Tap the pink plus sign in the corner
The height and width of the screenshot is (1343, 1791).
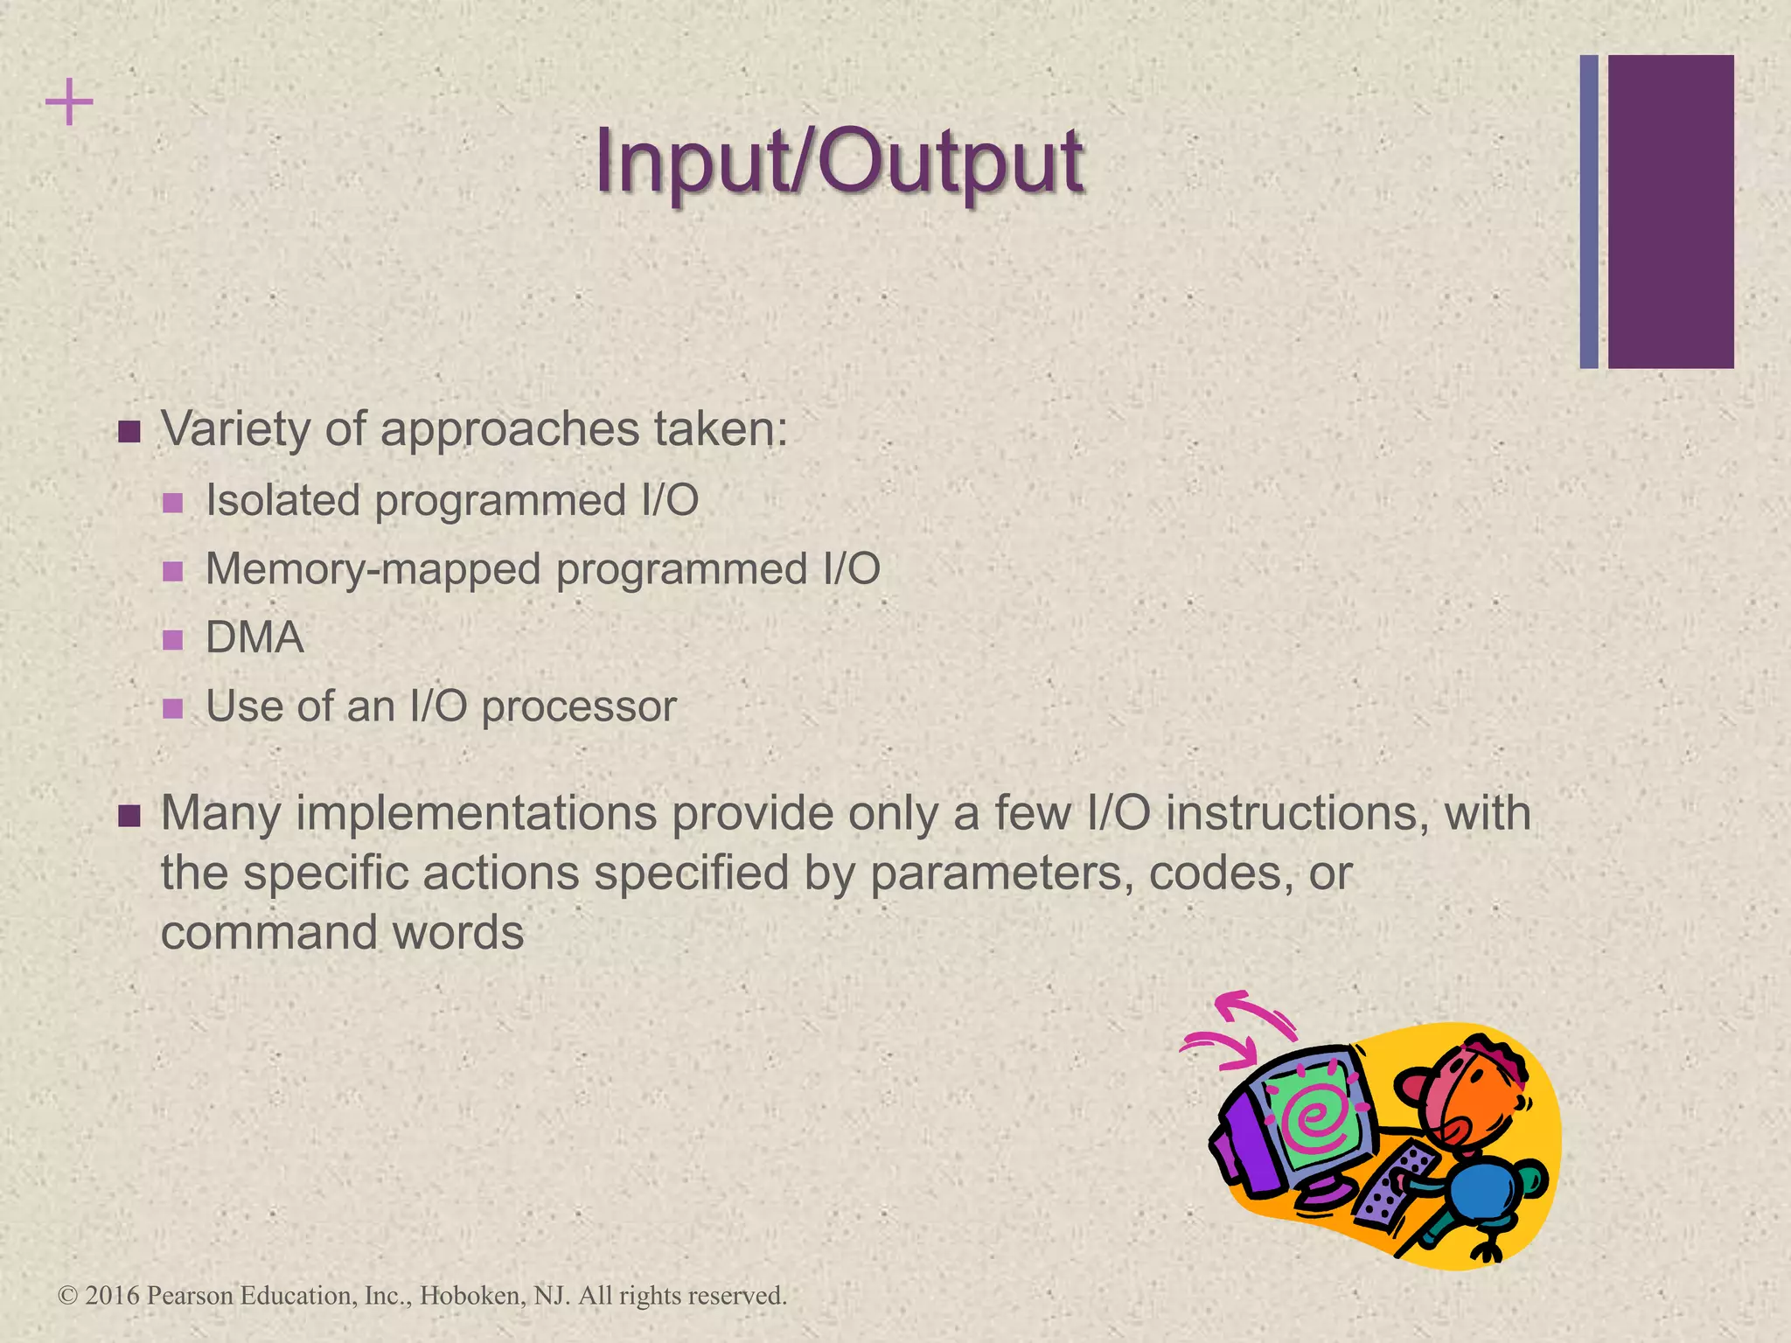pyautogui.click(x=69, y=102)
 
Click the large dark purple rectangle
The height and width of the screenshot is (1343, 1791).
pyautogui.click(x=1670, y=212)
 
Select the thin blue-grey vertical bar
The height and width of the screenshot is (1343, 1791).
pyautogui.click(x=1589, y=212)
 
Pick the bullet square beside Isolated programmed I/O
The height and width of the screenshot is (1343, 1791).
pyautogui.click(x=173, y=503)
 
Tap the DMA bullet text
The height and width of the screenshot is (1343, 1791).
pyautogui.click(x=254, y=637)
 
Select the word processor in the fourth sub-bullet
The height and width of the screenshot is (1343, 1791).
pyautogui.click(x=579, y=706)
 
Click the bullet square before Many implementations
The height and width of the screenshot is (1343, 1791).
pyautogui.click(x=129, y=817)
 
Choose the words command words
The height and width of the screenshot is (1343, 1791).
pyautogui.click(x=342, y=932)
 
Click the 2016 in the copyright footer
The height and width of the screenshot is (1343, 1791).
pyautogui.click(x=113, y=1295)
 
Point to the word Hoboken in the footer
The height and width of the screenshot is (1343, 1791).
pyautogui.click(x=471, y=1295)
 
